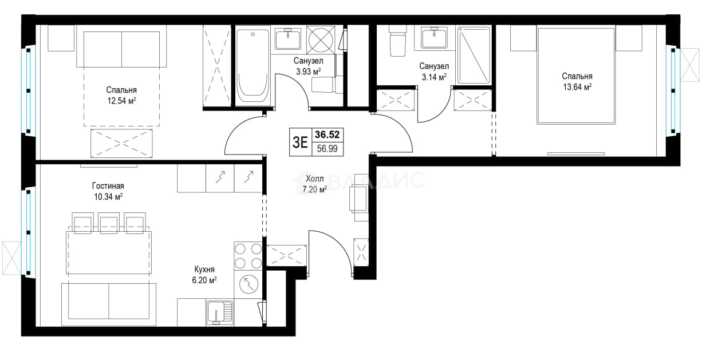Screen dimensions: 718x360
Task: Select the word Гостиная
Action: pyautogui.click(x=108, y=186)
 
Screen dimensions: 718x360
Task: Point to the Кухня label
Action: pyautogui.click(x=204, y=270)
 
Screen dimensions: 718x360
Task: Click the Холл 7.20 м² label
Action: pyautogui.click(x=315, y=184)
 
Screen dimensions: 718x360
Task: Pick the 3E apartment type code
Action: pyautogui.click(x=301, y=142)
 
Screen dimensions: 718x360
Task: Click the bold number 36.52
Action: pyautogui.click(x=327, y=134)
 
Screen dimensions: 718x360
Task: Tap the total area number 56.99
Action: pyautogui.click(x=327, y=149)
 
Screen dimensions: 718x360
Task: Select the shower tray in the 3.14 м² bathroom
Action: pyautogui.click(x=474, y=55)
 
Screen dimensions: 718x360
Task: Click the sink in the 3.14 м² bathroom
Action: pyautogui.click(x=435, y=38)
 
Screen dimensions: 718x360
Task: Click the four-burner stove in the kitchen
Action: pyautogui.click(x=248, y=256)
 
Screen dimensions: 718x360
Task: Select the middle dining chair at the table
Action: pyautogui.click(x=108, y=223)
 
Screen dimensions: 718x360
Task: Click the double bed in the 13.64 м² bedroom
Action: pyautogui.click(x=576, y=76)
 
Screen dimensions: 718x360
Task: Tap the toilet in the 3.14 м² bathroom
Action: pyautogui.click(x=397, y=41)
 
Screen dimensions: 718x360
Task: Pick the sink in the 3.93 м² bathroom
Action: pyautogui.click(x=288, y=38)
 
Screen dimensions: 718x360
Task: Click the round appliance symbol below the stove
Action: pyautogui.click(x=248, y=284)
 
